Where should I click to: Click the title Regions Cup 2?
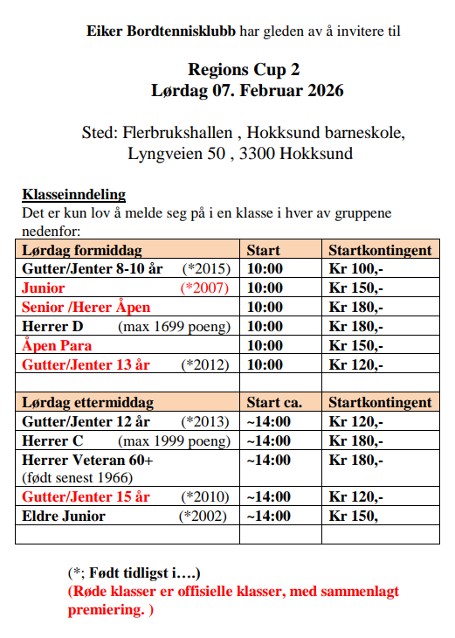(x=249, y=69)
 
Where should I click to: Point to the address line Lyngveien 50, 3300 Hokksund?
(x=240, y=154)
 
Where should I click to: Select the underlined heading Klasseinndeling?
(x=73, y=194)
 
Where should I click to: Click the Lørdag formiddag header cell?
(x=81, y=250)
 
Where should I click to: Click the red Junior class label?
(x=44, y=288)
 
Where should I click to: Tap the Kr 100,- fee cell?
(x=355, y=268)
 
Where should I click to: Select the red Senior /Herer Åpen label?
(x=86, y=307)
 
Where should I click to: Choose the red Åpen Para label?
(x=57, y=345)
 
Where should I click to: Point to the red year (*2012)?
(x=205, y=364)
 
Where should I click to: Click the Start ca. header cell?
(x=274, y=402)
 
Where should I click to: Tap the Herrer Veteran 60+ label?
(x=87, y=460)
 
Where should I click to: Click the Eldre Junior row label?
(x=63, y=516)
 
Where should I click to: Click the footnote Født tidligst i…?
(x=141, y=573)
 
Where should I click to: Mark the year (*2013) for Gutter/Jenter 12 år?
(x=205, y=421)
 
